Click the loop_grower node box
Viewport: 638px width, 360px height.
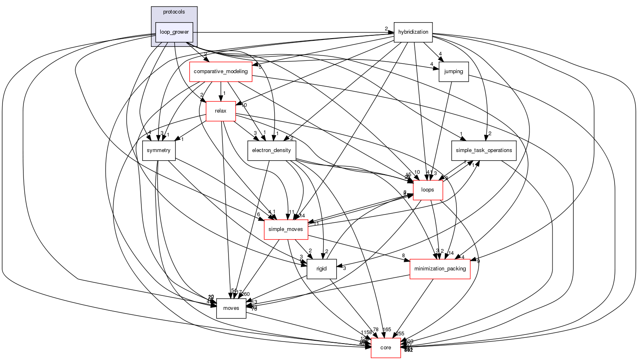[174, 32]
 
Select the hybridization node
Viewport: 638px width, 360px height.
[413, 32]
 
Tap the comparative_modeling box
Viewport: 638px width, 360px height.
[220, 72]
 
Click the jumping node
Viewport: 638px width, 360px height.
[453, 72]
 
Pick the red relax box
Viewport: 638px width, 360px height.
[220, 111]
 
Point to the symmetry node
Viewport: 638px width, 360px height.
[159, 150]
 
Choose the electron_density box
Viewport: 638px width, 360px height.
[271, 150]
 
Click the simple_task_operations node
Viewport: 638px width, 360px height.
[484, 150]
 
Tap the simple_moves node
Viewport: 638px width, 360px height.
[286, 229]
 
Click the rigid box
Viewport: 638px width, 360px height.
[321, 269]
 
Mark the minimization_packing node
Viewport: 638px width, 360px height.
[440, 269]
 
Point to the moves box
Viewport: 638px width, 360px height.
[231, 308]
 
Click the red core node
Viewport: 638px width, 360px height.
[386, 348]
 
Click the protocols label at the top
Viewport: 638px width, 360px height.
[174, 12]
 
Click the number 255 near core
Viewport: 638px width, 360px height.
[400, 334]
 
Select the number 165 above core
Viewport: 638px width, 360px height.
[387, 330]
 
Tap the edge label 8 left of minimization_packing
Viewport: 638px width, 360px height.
[403, 256]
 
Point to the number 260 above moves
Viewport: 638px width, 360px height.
[245, 294]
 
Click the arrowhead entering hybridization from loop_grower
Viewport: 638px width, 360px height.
[391, 32]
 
